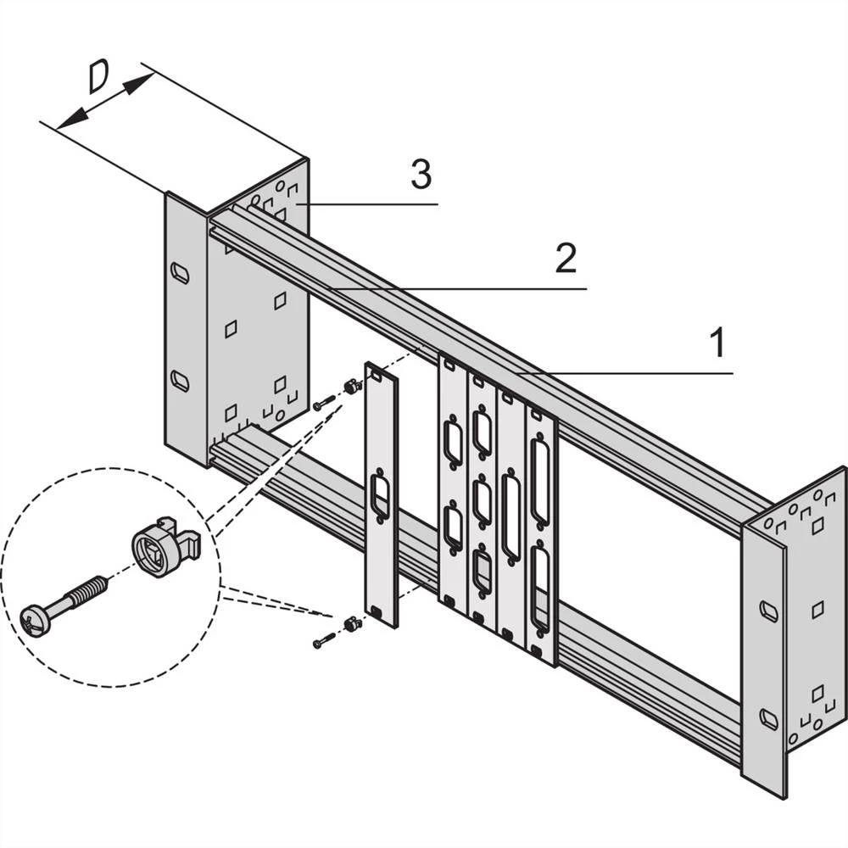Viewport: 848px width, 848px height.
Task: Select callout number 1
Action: coord(717,343)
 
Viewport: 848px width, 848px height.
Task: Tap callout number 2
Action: coord(566,259)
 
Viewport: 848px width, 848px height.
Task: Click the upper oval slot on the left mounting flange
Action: coord(180,273)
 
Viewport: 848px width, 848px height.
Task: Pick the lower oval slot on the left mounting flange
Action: coord(180,380)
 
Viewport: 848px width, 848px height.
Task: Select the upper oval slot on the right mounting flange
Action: coord(768,611)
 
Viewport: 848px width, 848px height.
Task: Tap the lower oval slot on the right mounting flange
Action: coord(768,719)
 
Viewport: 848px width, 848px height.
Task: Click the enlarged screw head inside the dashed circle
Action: coord(36,619)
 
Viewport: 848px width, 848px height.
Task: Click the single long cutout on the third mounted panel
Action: coord(510,517)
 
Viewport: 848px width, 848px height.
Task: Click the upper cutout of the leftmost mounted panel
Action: coord(452,442)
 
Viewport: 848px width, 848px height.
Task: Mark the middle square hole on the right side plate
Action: coord(817,609)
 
